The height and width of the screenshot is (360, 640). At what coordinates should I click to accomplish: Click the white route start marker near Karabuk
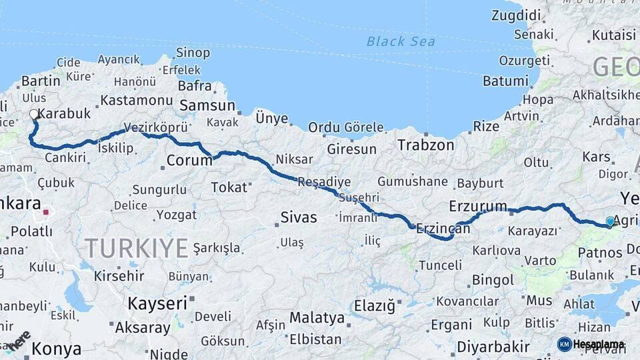[x=34, y=114]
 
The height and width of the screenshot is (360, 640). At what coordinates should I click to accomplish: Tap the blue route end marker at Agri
[x=610, y=221]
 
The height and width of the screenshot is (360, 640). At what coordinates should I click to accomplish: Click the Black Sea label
[x=401, y=41]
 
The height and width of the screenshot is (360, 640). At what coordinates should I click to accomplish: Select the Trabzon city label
[x=425, y=145]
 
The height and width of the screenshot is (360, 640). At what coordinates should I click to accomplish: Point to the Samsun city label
[x=207, y=105]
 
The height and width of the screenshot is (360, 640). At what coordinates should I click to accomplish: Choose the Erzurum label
[x=478, y=205]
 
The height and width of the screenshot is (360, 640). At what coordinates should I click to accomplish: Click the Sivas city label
[x=298, y=217]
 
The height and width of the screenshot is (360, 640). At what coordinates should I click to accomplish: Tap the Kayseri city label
[x=157, y=303]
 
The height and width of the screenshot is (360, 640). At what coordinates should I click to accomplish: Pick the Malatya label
[x=317, y=317]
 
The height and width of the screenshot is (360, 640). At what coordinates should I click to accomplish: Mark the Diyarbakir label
[x=493, y=347]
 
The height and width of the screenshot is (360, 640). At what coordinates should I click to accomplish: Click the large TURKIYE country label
[x=136, y=249]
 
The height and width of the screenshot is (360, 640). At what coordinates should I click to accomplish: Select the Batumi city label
[x=505, y=81]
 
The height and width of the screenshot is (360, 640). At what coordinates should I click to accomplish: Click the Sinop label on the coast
[x=193, y=53]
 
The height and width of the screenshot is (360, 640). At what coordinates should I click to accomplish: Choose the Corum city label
[x=189, y=160]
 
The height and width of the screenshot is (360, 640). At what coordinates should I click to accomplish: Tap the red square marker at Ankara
[x=46, y=213]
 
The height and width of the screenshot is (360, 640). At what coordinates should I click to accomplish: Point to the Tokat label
[x=229, y=187]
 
